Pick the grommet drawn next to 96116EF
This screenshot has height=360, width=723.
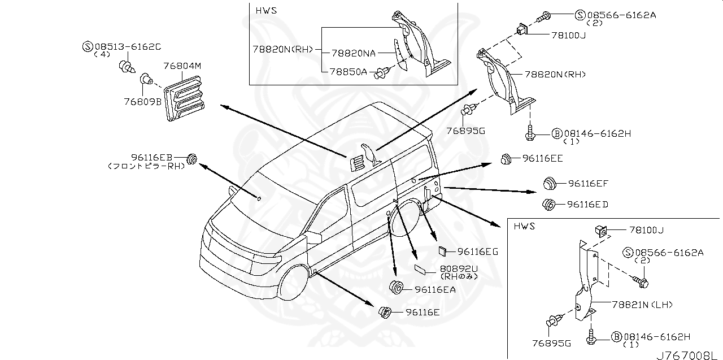click(548, 183)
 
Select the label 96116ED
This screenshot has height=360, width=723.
click(587, 204)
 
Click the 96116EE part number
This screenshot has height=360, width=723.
click(542, 159)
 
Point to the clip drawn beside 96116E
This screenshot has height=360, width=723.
click(385, 311)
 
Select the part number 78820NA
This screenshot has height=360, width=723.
click(354, 53)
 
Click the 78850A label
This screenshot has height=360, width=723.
click(348, 71)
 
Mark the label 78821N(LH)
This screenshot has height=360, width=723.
click(642, 305)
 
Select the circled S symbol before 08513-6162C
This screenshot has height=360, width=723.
click(88, 46)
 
